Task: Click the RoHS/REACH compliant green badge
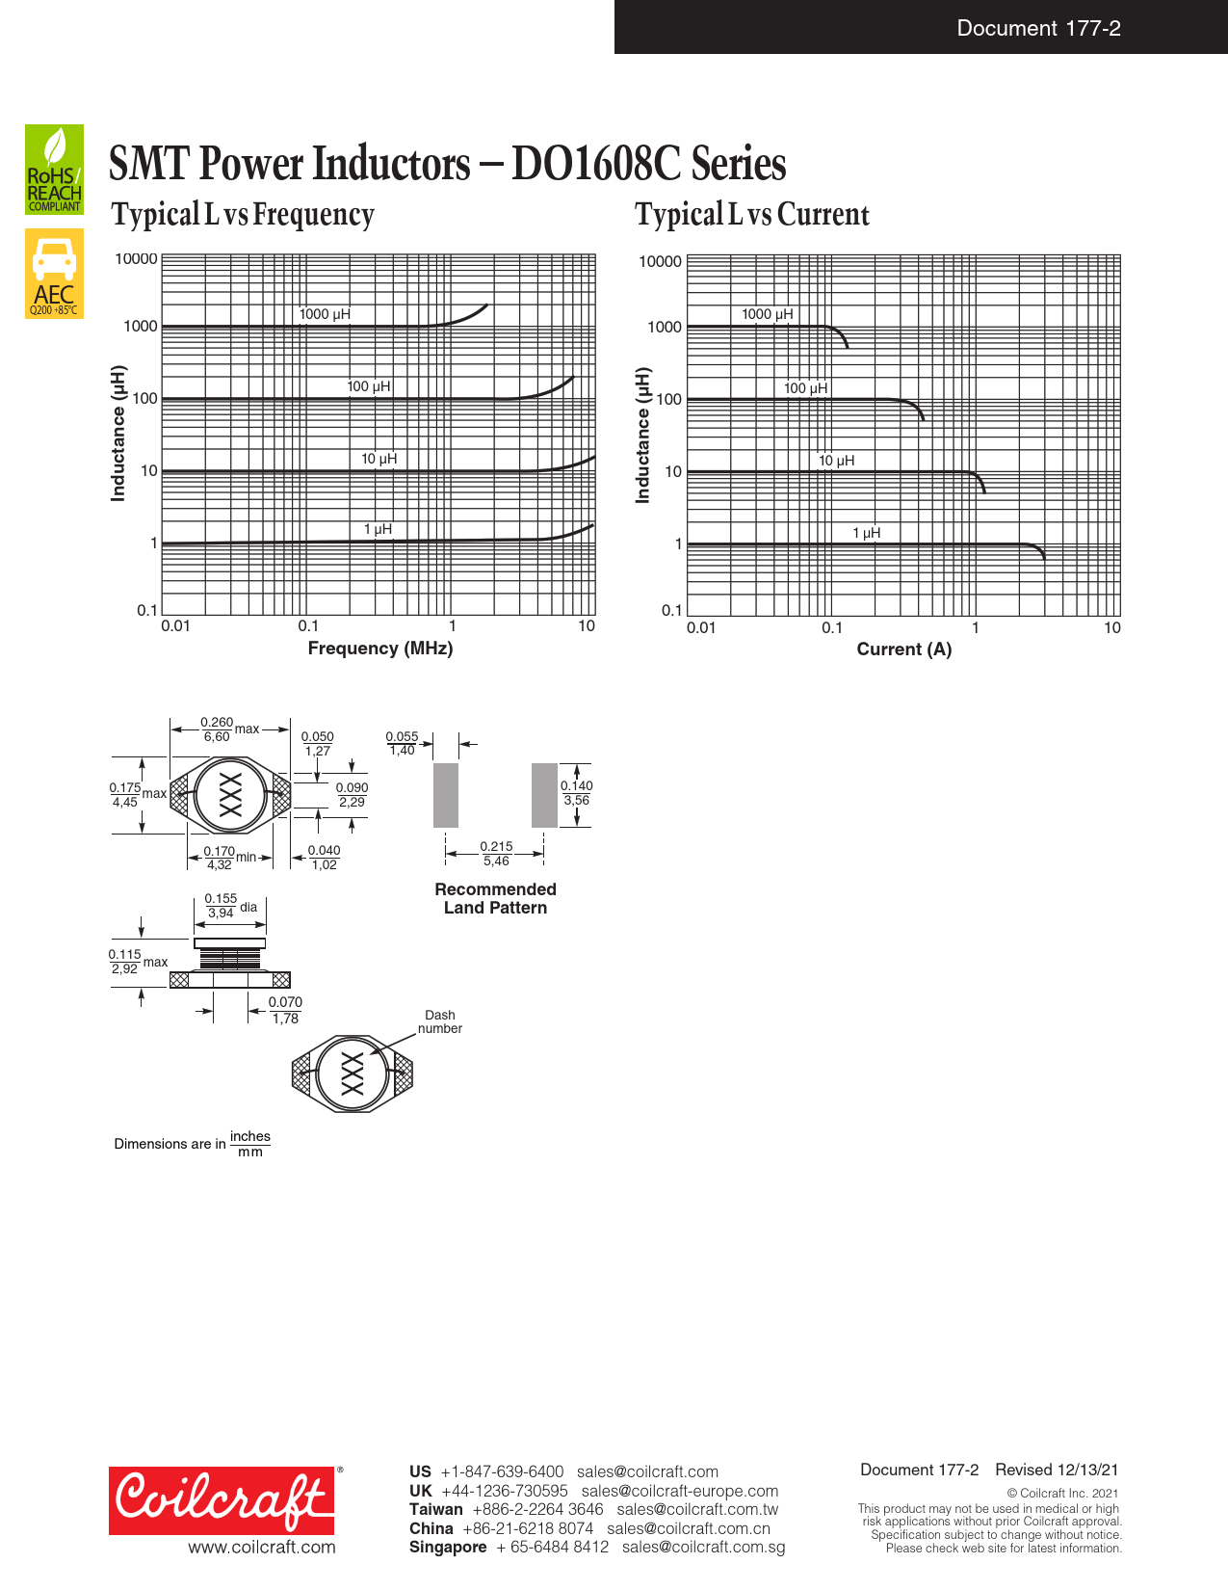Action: (x=54, y=169)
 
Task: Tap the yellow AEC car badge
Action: (x=54, y=274)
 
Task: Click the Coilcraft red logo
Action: (x=222, y=1500)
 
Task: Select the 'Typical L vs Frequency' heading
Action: (x=242, y=214)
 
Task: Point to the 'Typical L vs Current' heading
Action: (x=752, y=214)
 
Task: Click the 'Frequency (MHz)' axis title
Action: (x=380, y=649)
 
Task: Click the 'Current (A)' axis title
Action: (x=904, y=649)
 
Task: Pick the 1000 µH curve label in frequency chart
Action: (x=325, y=314)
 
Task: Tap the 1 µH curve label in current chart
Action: (x=867, y=533)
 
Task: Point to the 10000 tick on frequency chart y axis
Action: (x=136, y=259)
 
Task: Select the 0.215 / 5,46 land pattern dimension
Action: (x=497, y=853)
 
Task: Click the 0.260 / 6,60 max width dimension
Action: (x=229, y=729)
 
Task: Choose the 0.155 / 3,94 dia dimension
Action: (x=230, y=906)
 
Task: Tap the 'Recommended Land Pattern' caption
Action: (x=495, y=898)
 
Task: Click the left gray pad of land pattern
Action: (x=445, y=795)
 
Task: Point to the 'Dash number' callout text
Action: (x=439, y=1021)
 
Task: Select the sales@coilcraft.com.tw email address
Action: (x=697, y=1509)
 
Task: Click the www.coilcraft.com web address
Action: (x=262, y=1548)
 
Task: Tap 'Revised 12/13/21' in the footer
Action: (x=1057, y=1470)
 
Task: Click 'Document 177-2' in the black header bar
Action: (x=1038, y=28)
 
